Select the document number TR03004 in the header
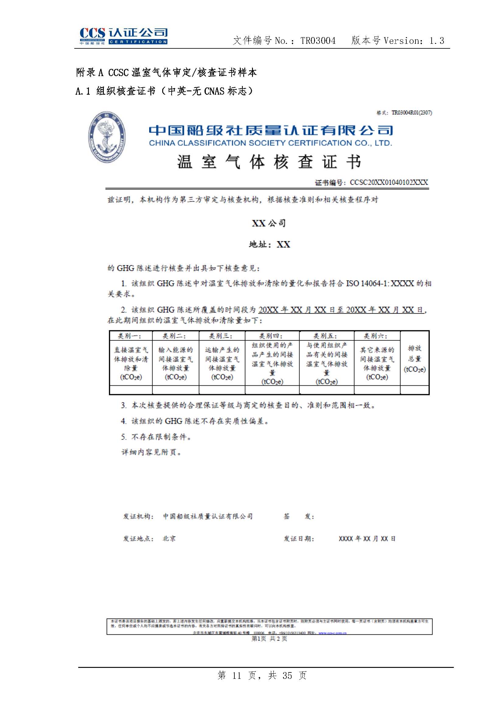[318, 40]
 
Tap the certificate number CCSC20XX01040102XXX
[388, 182]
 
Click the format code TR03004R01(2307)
[412, 113]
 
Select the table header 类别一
[130, 336]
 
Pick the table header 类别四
[271, 336]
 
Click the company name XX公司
[268, 223]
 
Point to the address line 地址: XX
[269, 244]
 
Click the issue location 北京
[169, 539]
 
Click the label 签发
[299, 516]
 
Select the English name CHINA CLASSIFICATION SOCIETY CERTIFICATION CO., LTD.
[270, 143]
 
